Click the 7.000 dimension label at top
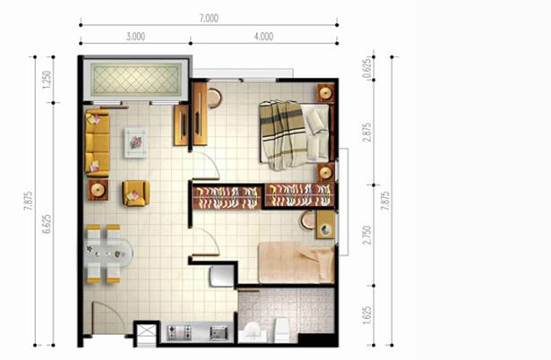[209, 18]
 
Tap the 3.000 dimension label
[135, 37]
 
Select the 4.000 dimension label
[264, 37]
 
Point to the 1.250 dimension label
[47, 80]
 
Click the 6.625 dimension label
[47, 224]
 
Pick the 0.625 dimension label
[366, 68]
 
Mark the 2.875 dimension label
[366, 132]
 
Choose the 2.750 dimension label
[366, 236]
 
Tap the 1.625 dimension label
[366, 316]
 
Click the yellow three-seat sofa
[98, 142]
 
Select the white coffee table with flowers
[135, 142]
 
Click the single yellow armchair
[135, 193]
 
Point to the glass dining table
[109, 253]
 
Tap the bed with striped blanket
[296, 133]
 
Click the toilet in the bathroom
[282, 330]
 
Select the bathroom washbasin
[253, 331]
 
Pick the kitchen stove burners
[179, 332]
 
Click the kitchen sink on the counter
[219, 332]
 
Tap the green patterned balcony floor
[135, 80]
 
